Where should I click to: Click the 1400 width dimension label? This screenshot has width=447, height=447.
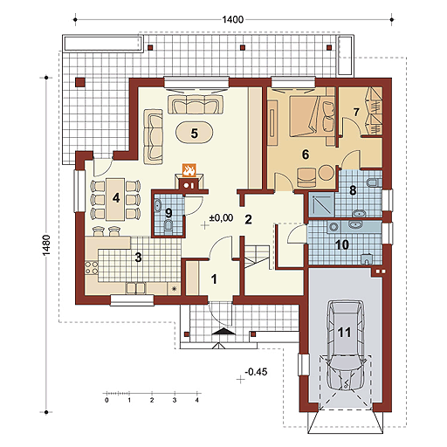pyautogui.click(x=232, y=19)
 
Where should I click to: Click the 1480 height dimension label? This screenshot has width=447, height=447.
pyautogui.click(x=46, y=245)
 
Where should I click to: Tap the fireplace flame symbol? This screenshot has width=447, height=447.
pyautogui.click(x=189, y=170)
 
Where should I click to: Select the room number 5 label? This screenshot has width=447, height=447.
pyautogui.click(x=195, y=134)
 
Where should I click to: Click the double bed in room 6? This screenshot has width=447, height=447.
pyautogui.click(x=311, y=116)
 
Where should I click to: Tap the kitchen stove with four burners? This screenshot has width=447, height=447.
pyautogui.click(x=92, y=268)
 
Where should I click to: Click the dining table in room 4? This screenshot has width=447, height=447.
pyautogui.click(x=115, y=199)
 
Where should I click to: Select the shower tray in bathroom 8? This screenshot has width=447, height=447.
pyautogui.click(x=321, y=204)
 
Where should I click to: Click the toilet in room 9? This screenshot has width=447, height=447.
pyautogui.click(x=168, y=226)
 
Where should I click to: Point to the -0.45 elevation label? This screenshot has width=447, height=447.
pyautogui.click(x=256, y=372)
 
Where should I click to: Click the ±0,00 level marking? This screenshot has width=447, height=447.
pyautogui.click(x=221, y=218)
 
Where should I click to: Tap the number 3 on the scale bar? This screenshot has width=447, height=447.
pyautogui.click(x=175, y=400)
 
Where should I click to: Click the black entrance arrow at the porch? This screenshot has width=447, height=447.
pyautogui.click(x=223, y=332)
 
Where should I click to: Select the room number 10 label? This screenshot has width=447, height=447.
pyautogui.click(x=342, y=244)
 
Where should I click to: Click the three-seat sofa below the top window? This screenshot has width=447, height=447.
pyautogui.click(x=196, y=104)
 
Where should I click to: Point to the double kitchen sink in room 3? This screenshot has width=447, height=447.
pyautogui.click(x=135, y=288)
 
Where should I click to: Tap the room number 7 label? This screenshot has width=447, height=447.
pyautogui.click(x=355, y=112)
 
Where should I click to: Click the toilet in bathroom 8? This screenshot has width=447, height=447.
pyautogui.click(x=374, y=183)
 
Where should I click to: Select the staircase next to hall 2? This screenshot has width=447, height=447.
pyautogui.click(x=257, y=257)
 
